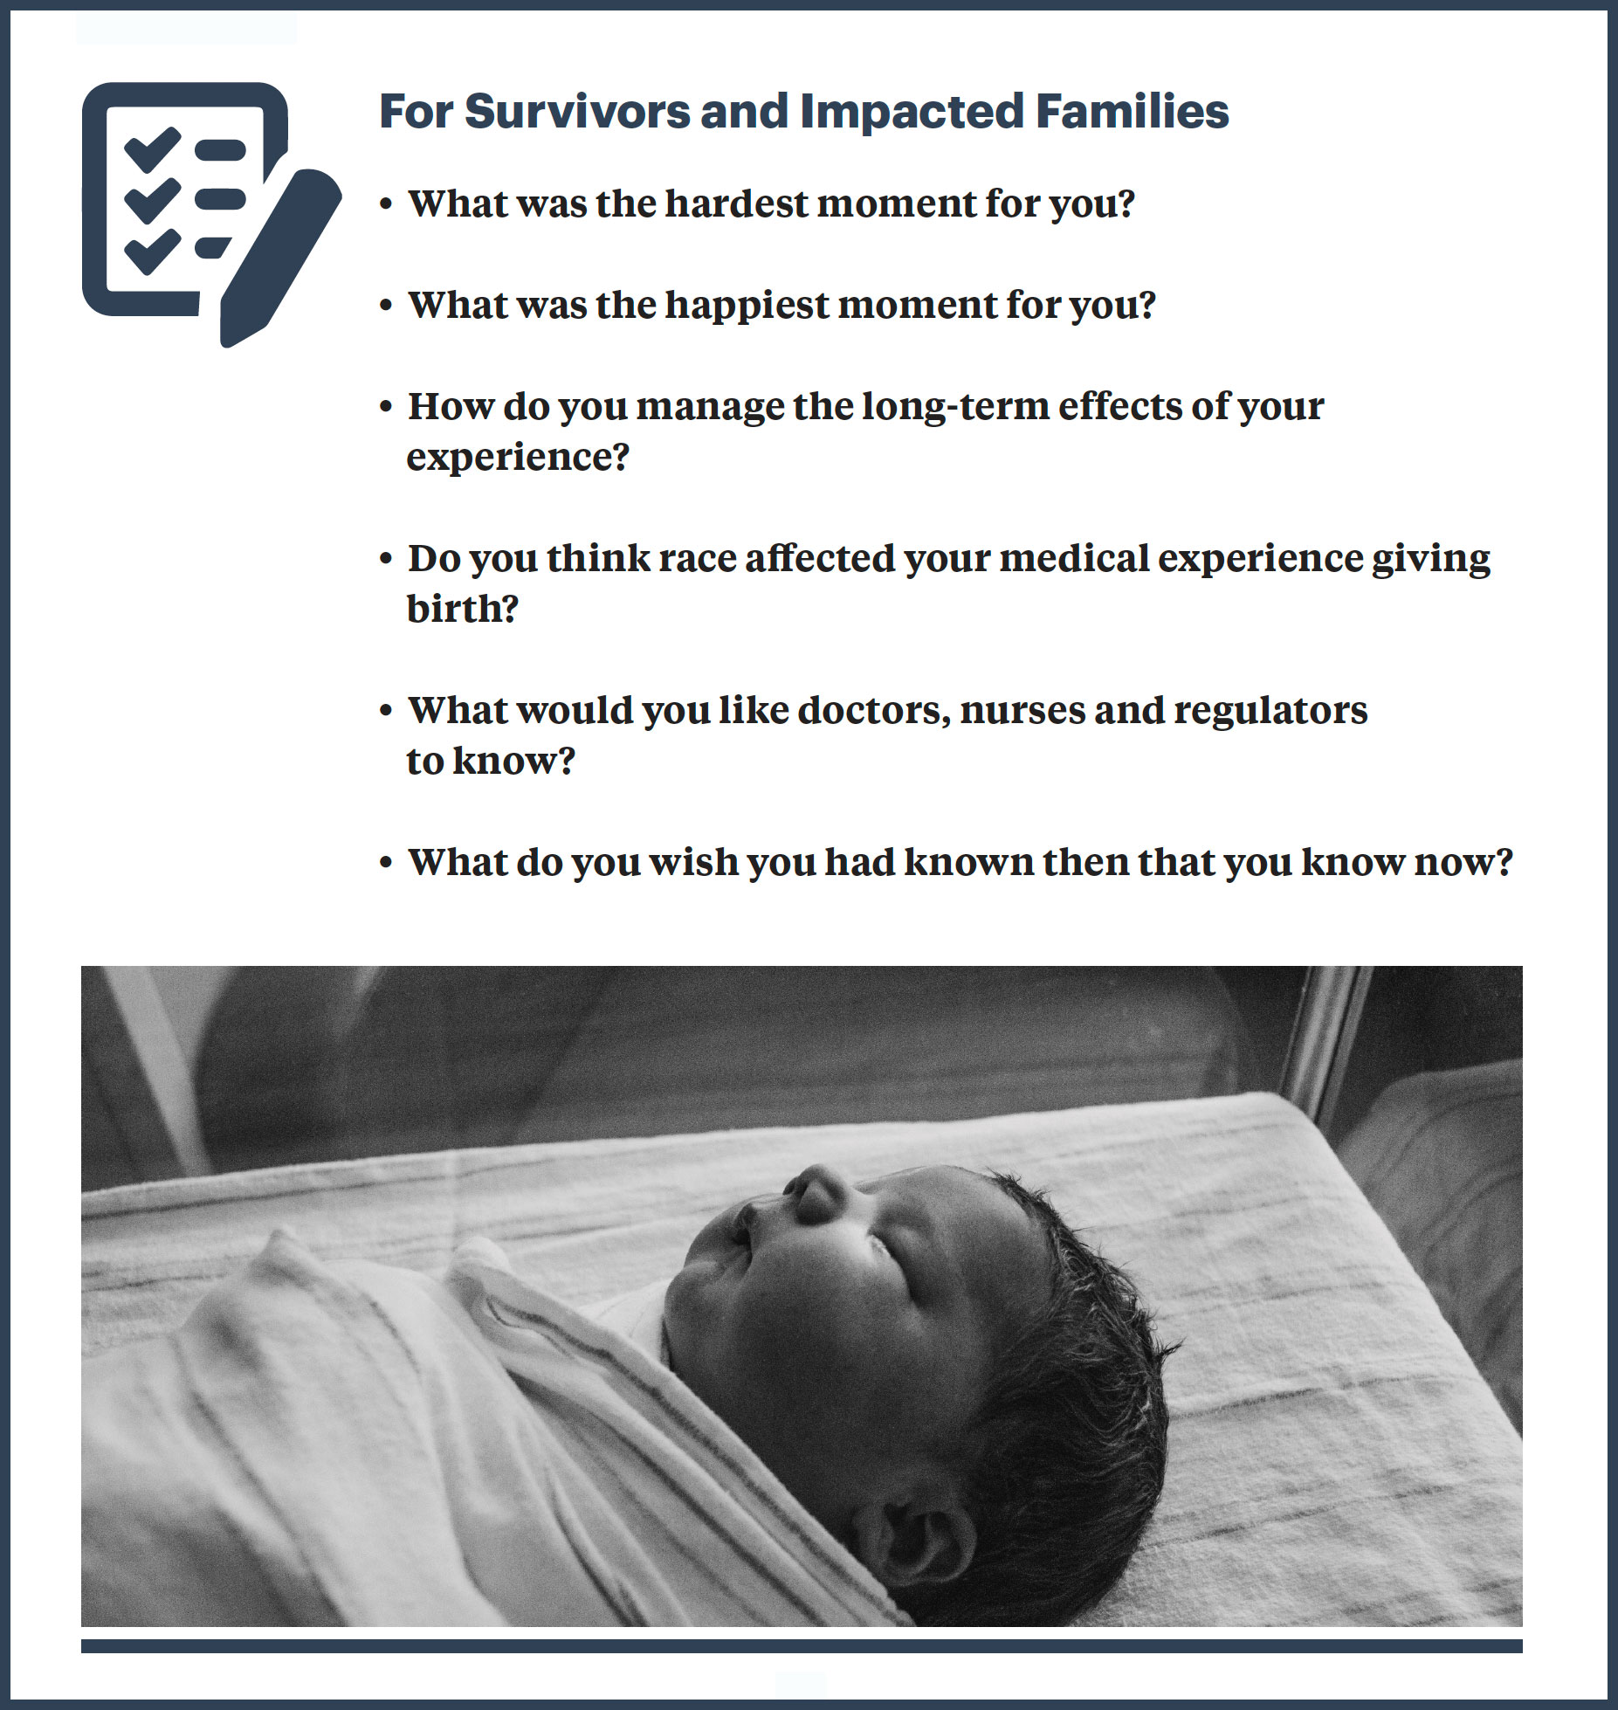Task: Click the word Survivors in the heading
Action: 576,112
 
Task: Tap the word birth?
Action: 463,609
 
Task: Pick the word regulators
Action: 1270,711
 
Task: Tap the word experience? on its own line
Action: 518,458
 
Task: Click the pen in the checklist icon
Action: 280,258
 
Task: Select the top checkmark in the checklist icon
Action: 153,149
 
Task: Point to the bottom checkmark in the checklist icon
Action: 153,252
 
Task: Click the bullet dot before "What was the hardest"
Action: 386,205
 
